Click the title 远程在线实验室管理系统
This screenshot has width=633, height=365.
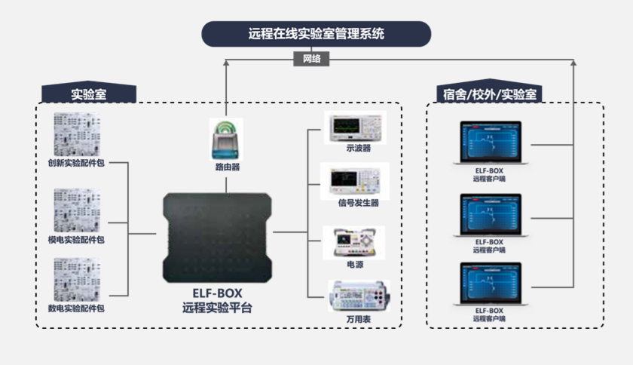pos(316,34)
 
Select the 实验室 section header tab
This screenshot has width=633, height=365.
pos(88,94)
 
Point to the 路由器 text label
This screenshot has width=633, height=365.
pos(227,167)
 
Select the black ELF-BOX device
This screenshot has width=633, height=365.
pos(218,237)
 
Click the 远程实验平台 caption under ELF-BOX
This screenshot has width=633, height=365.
pos(217,308)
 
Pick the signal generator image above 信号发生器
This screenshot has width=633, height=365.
pos(354,180)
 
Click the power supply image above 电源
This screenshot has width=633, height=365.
pos(353,242)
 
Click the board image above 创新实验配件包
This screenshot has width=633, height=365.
pos(76,133)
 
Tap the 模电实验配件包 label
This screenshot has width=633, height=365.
pos(76,240)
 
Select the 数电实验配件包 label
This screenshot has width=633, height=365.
pos(76,308)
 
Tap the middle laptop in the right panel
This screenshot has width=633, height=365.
pos(490,216)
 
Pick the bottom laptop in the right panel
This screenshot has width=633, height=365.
pos(490,284)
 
